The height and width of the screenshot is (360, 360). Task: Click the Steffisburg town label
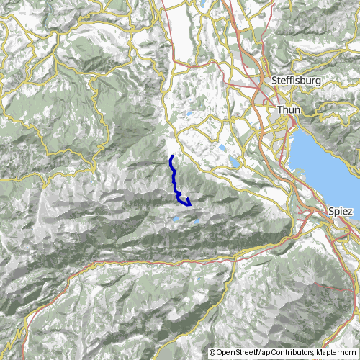click(x=293, y=81)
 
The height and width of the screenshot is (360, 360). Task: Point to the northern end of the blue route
click(x=171, y=156)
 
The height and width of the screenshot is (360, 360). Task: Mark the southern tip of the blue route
click(x=190, y=204)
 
